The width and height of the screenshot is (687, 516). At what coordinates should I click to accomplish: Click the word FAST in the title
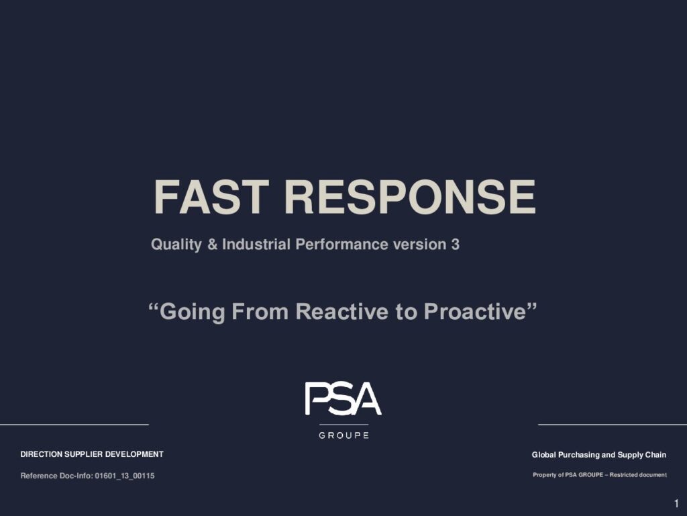pyautogui.click(x=211, y=197)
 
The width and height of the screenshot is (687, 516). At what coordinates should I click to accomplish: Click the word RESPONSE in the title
pyautogui.click(x=410, y=197)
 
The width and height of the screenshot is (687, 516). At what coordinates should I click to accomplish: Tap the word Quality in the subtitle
pyautogui.click(x=176, y=245)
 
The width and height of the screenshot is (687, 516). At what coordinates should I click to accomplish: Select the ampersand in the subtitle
pyautogui.click(x=213, y=245)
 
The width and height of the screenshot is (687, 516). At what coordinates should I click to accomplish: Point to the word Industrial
pyautogui.click(x=256, y=244)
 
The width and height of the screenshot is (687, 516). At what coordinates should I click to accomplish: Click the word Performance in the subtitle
pyautogui.click(x=341, y=244)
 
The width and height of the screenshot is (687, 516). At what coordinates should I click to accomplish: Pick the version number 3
pyautogui.click(x=456, y=245)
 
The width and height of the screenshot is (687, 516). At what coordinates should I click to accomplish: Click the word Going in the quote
pyautogui.click(x=193, y=312)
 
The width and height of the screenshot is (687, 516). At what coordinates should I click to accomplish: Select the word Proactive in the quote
pyautogui.click(x=474, y=312)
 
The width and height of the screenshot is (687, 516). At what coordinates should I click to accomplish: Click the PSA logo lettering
pyautogui.click(x=343, y=398)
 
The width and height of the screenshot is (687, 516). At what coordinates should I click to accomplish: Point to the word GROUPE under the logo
pyautogui.click(x=344, y=435)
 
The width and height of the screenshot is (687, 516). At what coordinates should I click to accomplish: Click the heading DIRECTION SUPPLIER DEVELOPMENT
pyautogui.click(x=92, y=454)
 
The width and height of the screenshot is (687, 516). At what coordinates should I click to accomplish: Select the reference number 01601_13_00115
pyautogui.click(x=125, y=476)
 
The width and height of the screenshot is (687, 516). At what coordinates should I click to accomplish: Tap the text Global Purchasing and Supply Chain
pyautogui.click(x=599, y=455)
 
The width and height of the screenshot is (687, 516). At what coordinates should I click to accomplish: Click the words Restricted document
pyautogui.click(x=639, y=475)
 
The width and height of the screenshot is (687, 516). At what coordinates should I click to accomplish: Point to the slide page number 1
pyautogui.click(x=676, y=503)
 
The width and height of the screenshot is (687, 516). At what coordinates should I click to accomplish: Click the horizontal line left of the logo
pyautogui.click(x=74, y=425)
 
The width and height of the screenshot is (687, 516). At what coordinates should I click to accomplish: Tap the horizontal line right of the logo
pyautogui.click(x=613, y=425)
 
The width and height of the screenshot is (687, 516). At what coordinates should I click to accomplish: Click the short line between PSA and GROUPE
pyautogui.click(x=344, y=425)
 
